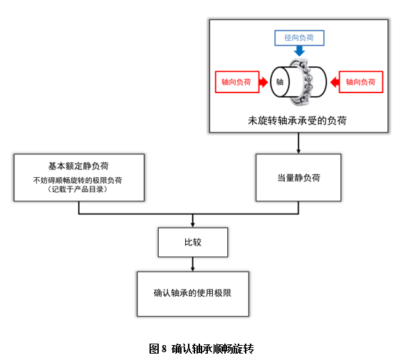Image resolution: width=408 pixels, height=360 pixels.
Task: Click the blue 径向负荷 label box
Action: coord(298,37)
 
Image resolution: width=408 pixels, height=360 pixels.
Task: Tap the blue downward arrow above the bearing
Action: coord(299,51)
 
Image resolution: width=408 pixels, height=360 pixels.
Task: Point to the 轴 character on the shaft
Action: coord(280,82)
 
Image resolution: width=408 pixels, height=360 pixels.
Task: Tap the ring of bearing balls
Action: coord(307,81)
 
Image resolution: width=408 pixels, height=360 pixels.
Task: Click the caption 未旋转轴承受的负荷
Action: coord(298,120)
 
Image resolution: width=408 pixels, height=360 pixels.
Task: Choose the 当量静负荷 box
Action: coord(298,178)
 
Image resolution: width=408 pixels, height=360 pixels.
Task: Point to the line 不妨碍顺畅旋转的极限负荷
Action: coord(78,180)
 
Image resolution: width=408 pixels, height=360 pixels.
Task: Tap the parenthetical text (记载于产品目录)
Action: coord(78,190)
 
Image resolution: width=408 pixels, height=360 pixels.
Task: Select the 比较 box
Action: coord(192,242)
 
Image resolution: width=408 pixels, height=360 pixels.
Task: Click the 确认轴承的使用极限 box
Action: coord(192,292)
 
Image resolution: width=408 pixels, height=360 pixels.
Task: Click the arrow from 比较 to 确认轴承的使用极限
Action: coord(192,264)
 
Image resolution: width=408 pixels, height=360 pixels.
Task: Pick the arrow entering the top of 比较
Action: coord(192,221)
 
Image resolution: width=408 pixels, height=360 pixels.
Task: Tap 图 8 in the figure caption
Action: coord(158,349)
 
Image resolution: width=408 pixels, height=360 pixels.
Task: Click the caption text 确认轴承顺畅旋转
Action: coord(212,349)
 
